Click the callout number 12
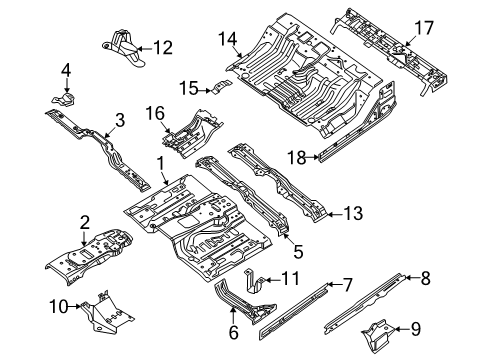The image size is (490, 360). (162, 45)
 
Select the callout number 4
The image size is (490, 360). (66, 69)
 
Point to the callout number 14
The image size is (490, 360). (227, 39)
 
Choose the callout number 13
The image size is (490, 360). (351, 212)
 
